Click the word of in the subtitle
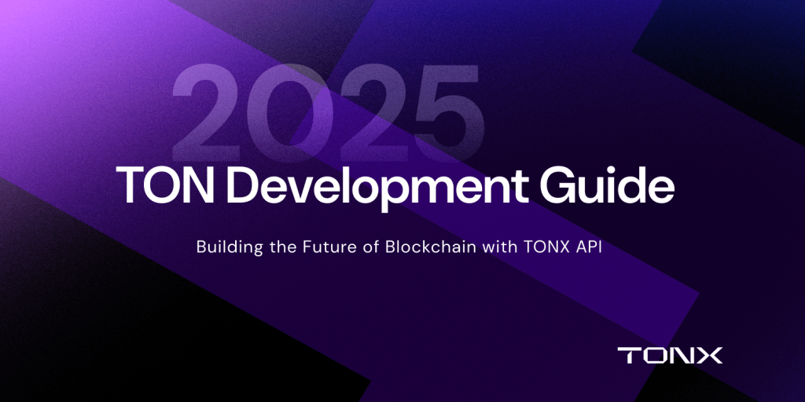370,247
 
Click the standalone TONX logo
670,355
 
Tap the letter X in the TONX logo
709,355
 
